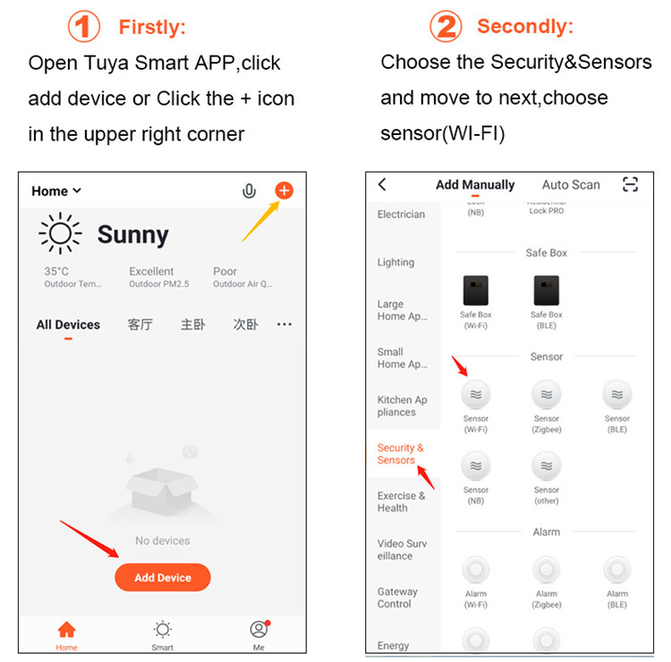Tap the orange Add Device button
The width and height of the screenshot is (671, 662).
coord(162,577)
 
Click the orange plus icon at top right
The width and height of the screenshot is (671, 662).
coord(284,191)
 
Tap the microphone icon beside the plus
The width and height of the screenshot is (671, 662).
coord(250,191)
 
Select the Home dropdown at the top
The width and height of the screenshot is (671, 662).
coord(56,191)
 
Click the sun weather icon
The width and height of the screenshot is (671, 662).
coord(60,234)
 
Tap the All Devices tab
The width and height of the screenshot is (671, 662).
coord(68,325)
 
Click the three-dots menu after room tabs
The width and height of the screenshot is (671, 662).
coord(285,325)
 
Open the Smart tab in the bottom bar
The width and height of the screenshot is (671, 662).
coord(163,632)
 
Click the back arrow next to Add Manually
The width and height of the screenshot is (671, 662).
coord(383,184)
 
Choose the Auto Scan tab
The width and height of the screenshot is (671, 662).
coord(571,184)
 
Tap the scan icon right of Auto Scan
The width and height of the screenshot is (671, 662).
coord(631,184)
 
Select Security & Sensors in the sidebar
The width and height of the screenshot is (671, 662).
coord(400,454)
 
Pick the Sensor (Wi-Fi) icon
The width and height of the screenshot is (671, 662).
coord(476,395)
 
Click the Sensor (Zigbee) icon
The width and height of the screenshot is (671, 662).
coord(547,395)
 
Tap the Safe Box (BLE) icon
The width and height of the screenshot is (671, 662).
coord(547,291)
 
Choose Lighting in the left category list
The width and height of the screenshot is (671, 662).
coord(395,262)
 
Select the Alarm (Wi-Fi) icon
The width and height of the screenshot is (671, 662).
coord(476,570)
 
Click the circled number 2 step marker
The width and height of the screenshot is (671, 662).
coord(446,27)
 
